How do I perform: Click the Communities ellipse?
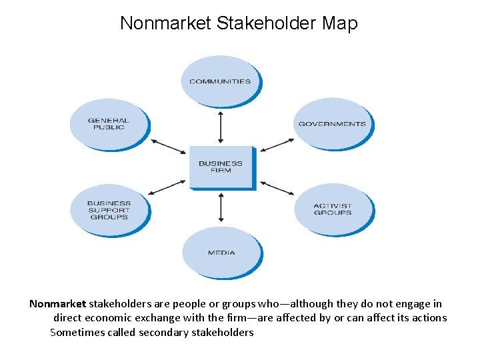220,81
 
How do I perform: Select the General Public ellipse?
109,124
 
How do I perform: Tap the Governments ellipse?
332,123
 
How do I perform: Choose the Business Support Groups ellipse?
109,210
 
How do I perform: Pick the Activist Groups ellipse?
333,209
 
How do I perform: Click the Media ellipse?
221,253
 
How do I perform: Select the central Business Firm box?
221,167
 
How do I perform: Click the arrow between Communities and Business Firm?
221,128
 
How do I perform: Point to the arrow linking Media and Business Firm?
221,208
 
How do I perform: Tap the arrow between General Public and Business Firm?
168,147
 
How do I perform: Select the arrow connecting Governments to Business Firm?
277,146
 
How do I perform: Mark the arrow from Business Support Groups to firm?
167,187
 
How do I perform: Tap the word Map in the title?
339,23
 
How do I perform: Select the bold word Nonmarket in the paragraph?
57,303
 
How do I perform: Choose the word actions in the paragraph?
429,318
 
